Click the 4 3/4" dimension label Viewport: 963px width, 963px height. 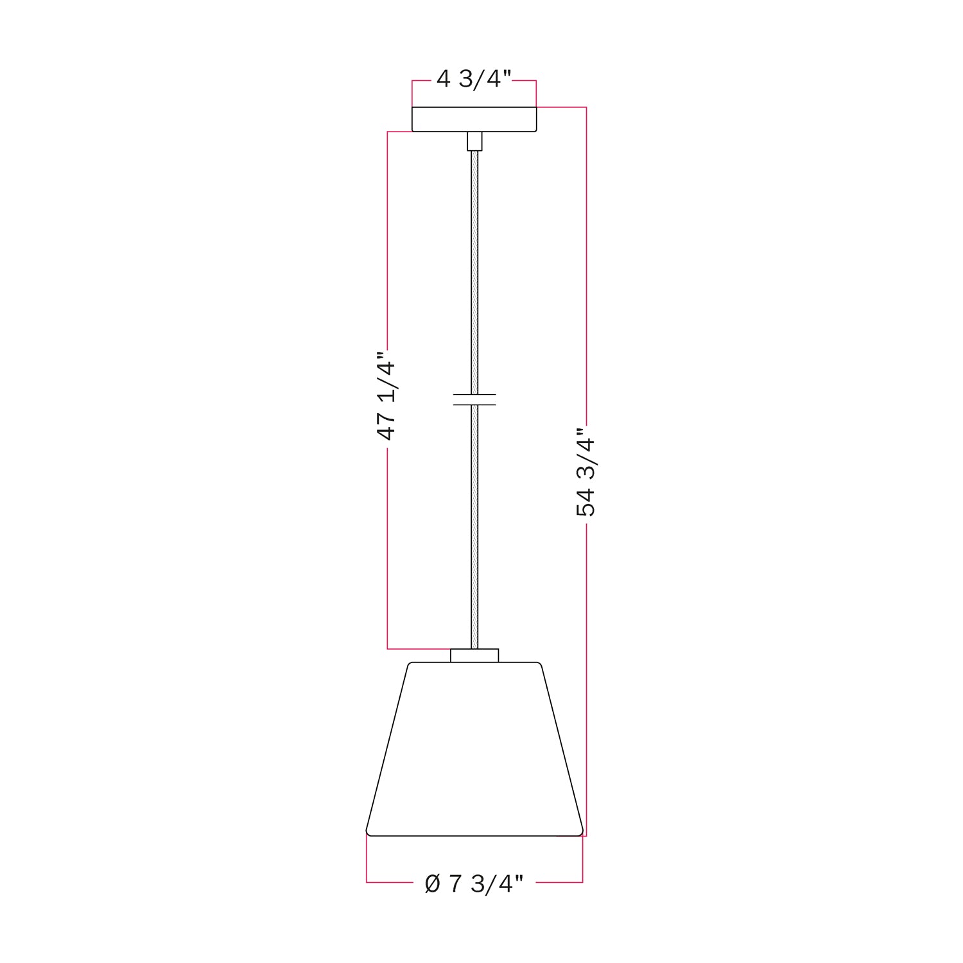(474, 80)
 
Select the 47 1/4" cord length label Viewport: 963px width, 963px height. (386, 396)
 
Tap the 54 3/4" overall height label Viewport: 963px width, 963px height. (586, 472)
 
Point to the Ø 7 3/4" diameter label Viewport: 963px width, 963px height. (474, 884)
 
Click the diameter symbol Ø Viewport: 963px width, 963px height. (433, 884)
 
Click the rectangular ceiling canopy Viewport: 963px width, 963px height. (474, 119)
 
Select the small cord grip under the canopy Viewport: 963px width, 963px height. (474, 141)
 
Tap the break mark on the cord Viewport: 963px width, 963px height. (474, 399)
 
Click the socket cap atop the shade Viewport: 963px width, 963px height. (474, 655)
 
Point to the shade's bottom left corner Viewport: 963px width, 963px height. (368, 833)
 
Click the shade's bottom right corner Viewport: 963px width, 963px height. (581, 833)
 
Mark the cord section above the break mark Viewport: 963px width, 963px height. (474, 270)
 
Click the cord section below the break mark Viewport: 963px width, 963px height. (474, 526)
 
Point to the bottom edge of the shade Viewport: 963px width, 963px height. (474, 836)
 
